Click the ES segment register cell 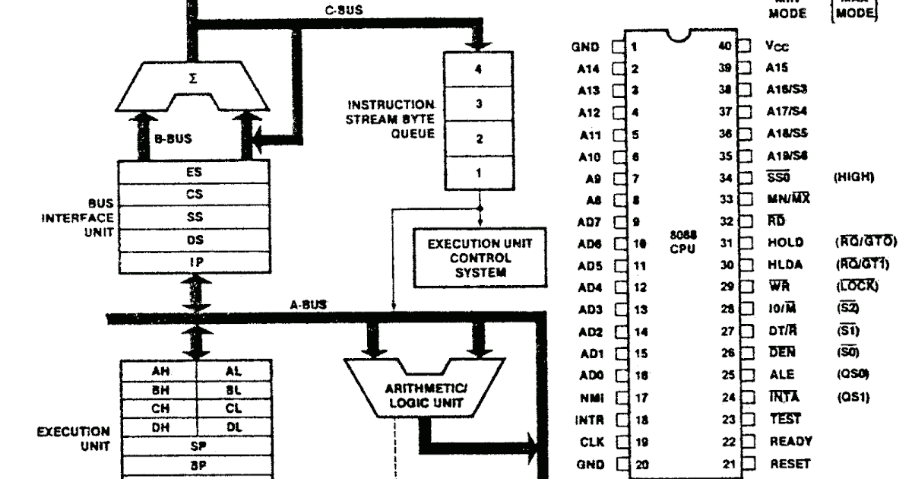pos(194,172)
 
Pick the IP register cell pos(194,261)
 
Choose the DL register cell pos(233,427)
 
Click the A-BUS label pos(309,304)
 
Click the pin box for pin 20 pos(619,463)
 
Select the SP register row pos(194,445)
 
